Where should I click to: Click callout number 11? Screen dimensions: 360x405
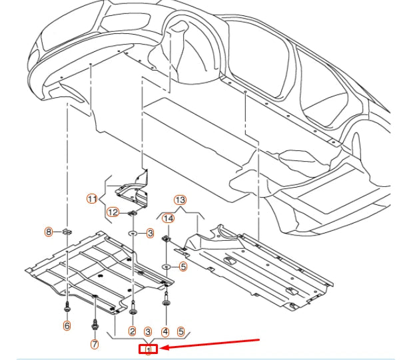coord(92,198)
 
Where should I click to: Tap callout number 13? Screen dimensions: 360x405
coord(180,200)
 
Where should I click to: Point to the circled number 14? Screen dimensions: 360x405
coord(168,218)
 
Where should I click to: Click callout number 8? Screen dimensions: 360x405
coord(48,232)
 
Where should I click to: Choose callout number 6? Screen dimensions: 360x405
coord(67,325)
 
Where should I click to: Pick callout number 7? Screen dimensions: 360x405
coord(94,344)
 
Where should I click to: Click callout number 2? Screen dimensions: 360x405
coord(133,331)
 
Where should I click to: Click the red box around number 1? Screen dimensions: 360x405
coord(148,348)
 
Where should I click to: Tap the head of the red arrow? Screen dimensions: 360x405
coord(163,347)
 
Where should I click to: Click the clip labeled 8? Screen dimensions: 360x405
coord(68,233)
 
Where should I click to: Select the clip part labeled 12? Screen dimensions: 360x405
coord(133,213)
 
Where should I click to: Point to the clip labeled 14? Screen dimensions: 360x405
coord(167,238)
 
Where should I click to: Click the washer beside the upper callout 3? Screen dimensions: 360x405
coord(133,234)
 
